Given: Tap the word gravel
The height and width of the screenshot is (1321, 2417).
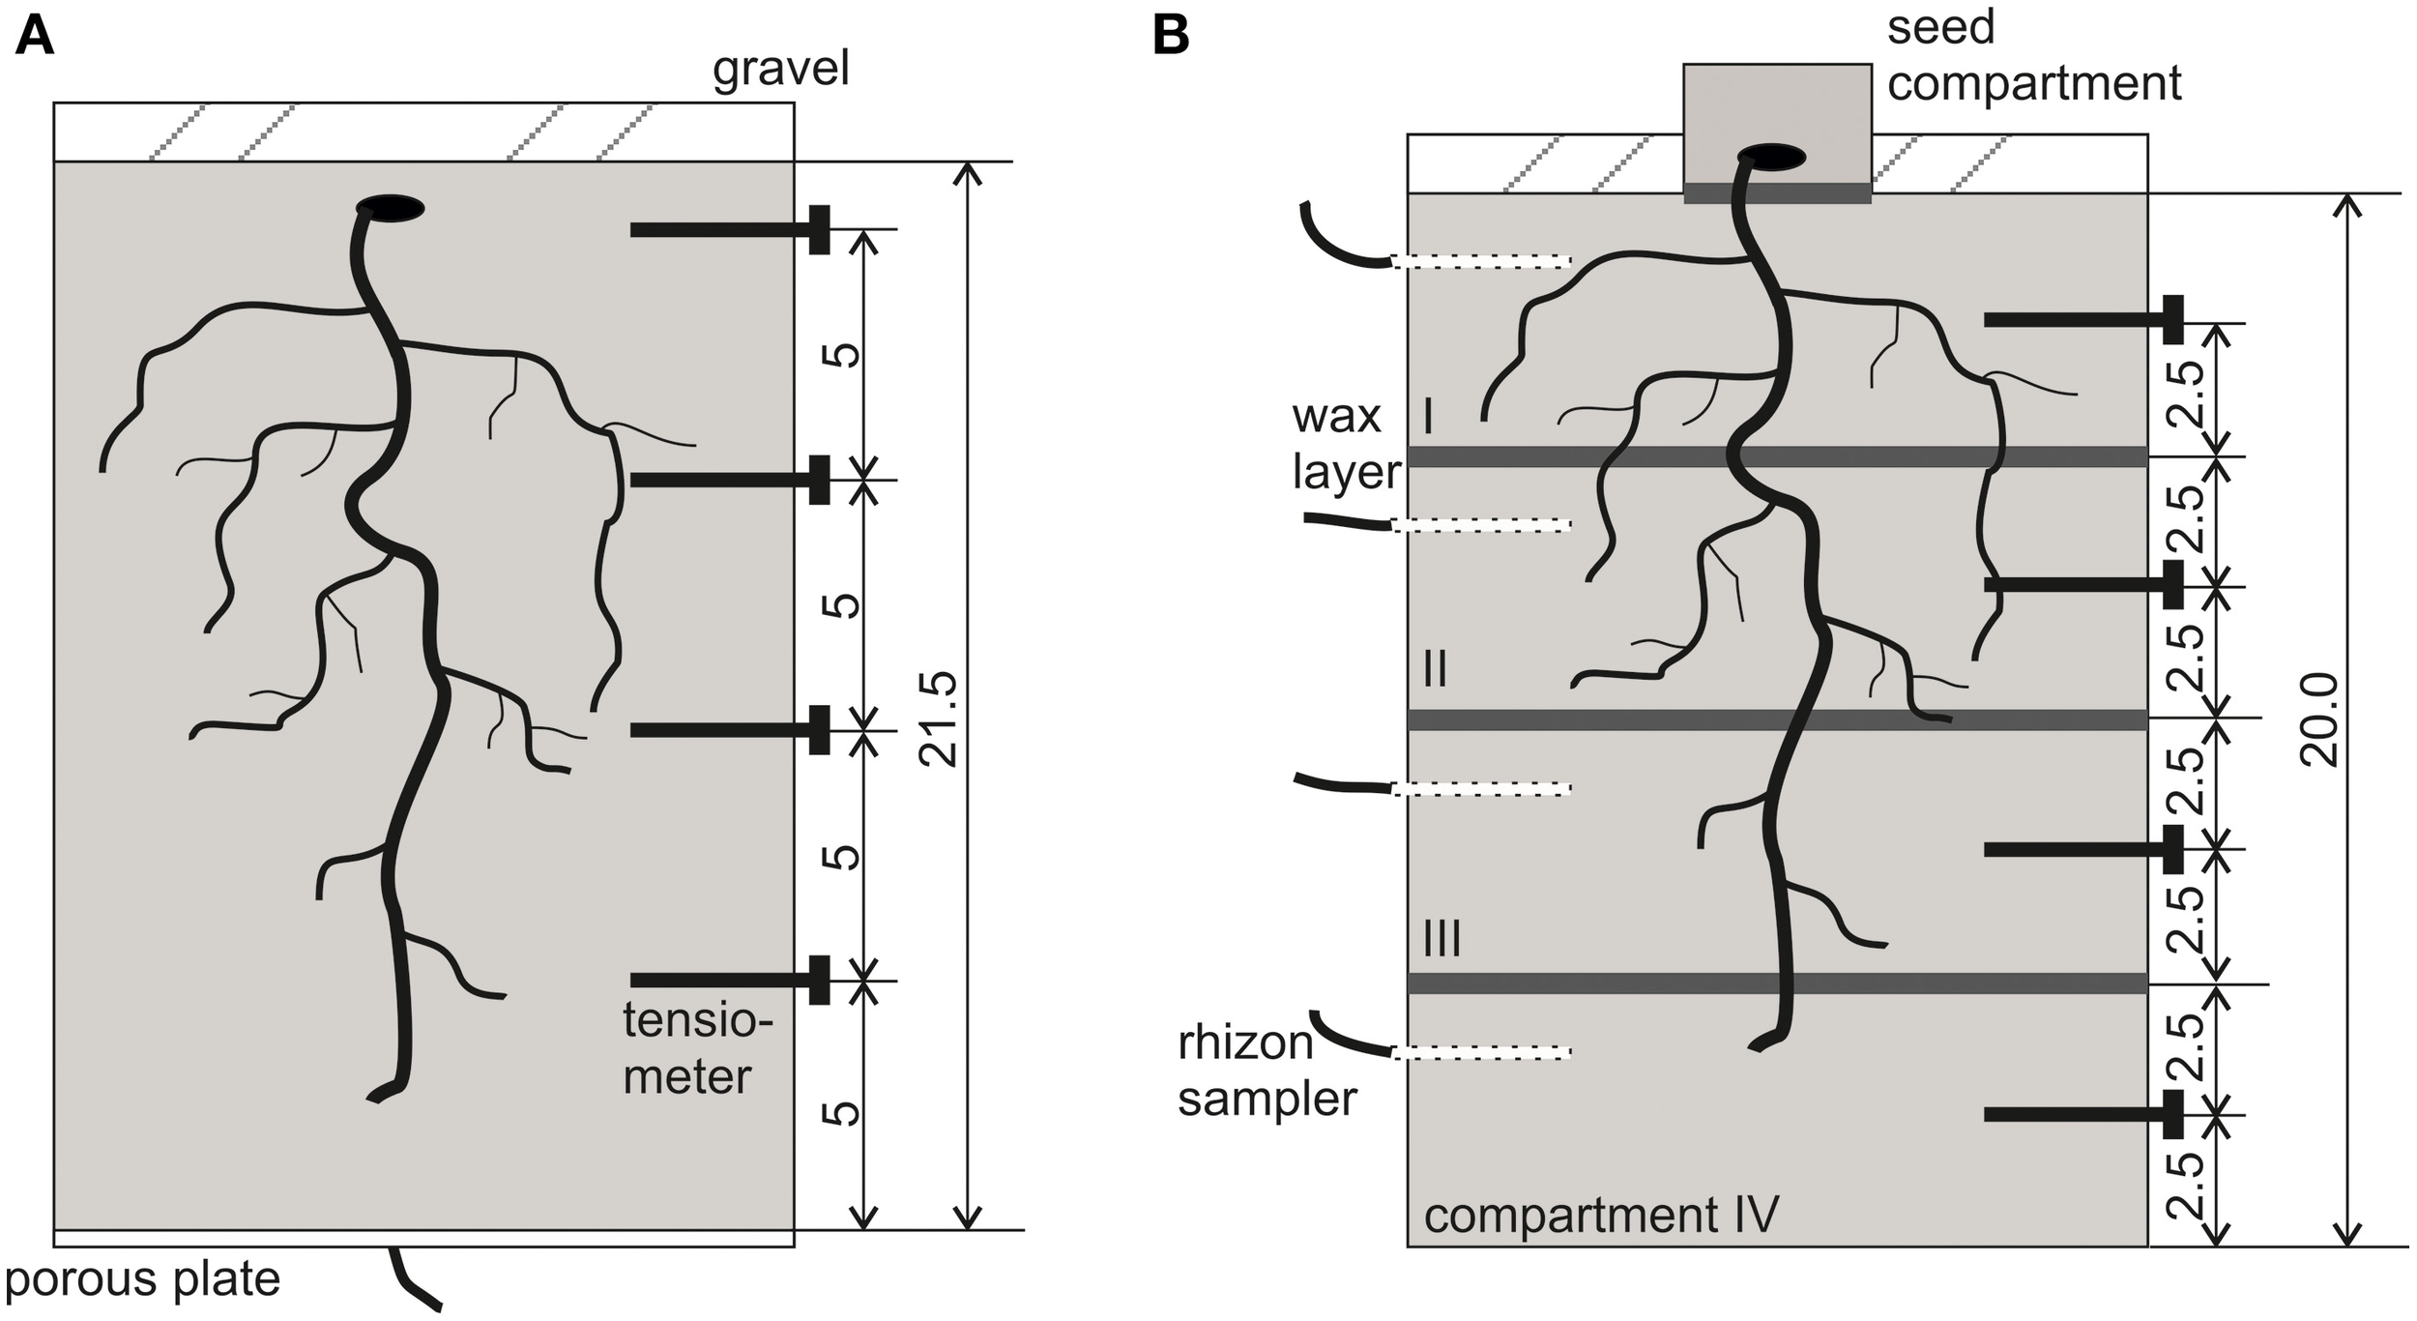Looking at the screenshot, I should coord(780,70).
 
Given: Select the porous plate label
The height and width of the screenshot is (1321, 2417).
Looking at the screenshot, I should coord(143,1278).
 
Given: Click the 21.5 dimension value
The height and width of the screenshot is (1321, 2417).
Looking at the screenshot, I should coord(938,719).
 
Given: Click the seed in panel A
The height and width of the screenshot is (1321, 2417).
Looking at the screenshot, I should coord(391,208).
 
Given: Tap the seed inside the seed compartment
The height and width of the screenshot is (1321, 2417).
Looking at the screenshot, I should coord(1771,157).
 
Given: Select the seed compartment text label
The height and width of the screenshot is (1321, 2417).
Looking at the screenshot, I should coord(2033,55).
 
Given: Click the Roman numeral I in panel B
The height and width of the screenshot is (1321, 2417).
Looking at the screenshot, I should coord(1428,418).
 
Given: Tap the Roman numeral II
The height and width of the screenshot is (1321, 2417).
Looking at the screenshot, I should coord(1436,668).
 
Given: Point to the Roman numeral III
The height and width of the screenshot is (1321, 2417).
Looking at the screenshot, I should coord(1442,939).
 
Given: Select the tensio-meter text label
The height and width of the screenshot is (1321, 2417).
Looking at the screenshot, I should coord(696,1049).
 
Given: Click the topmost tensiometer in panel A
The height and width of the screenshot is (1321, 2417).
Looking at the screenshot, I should coord(730,230).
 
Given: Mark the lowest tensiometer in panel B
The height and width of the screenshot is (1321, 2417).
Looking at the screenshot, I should coord(2083,1115).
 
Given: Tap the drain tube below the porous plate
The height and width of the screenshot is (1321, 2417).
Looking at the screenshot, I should coord(414,1279).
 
